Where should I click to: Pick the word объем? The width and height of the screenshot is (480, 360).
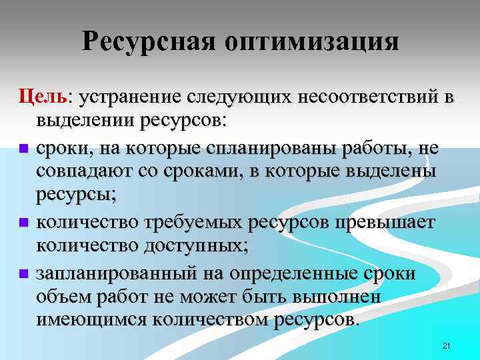pyautogui.click(x=66, y=297)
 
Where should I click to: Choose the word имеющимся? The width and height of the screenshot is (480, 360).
pyautogui.click(x=93, y=320)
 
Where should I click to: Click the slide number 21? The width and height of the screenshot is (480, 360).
pyautogui.click(x=447, y=345)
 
